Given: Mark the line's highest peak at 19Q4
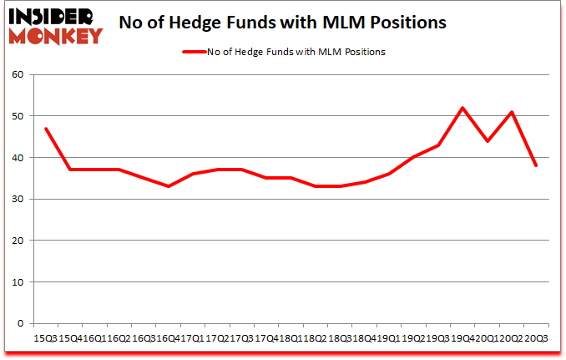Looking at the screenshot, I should [x=462, y=108].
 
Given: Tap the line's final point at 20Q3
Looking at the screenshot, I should [x=536, y=165].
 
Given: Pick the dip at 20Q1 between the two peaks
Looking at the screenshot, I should [x=487, y=141].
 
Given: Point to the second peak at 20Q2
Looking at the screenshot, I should [x=511, y=112].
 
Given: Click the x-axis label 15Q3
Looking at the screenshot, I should [x=44, y=338].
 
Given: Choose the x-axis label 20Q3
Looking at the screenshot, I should [x=536, y=338].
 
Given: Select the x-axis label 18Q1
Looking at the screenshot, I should [x=290, y=338].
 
